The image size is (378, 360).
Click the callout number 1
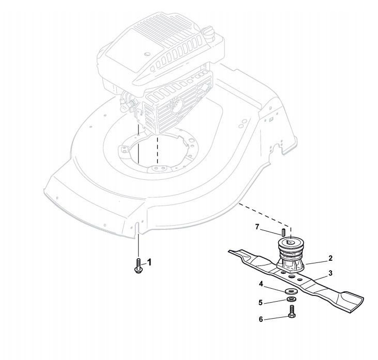click(150, 262)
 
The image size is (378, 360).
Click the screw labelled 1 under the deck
click(138, 267)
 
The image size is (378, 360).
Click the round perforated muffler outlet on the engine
click(177, 107)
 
